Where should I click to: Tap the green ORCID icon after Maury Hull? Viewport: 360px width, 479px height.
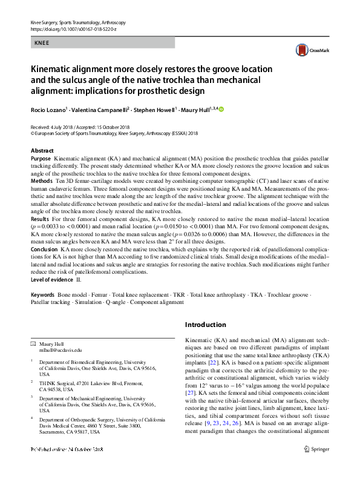tap(221, 109)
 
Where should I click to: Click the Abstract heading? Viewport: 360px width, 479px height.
tap(42, 150)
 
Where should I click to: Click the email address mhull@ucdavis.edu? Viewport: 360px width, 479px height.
tap(60, 350)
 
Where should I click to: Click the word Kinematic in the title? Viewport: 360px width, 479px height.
tap(54, 68)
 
